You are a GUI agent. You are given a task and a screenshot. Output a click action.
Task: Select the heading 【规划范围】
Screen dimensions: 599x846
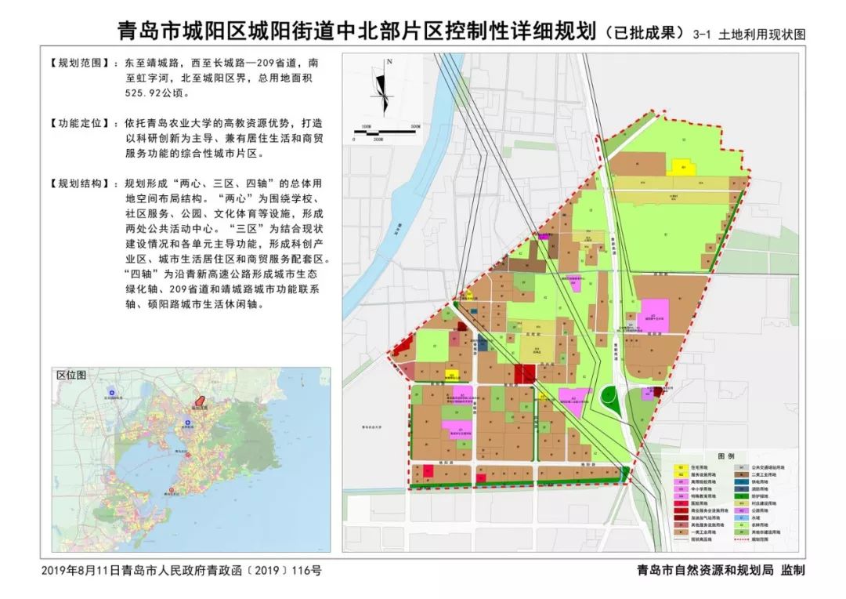(x=78, y=61)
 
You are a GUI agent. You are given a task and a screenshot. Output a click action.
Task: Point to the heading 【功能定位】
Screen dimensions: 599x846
(x=78, y=124)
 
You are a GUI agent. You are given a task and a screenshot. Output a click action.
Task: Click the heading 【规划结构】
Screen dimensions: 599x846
(x=78, y=183)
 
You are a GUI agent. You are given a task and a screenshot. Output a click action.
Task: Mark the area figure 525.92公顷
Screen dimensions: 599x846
(x=149, y=92)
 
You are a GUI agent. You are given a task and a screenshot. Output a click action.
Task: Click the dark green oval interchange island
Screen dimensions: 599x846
(x=608, y=397)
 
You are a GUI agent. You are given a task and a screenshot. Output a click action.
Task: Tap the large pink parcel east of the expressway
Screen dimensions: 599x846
(x=656, y=315)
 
